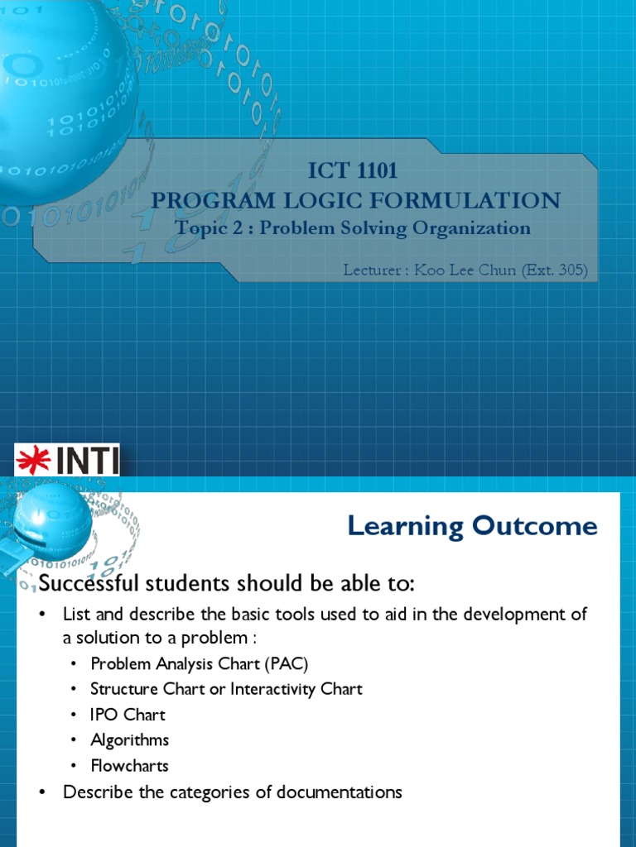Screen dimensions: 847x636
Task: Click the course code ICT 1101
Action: coord(354,171)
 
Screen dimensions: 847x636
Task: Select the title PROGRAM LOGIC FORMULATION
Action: coord(356,200)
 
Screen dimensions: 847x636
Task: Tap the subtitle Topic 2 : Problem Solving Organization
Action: coord(354,227)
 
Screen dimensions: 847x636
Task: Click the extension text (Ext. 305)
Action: coord(555,270)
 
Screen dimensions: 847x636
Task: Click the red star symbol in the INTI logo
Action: coord(34,460)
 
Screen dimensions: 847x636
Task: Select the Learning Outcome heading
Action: coord(472,526)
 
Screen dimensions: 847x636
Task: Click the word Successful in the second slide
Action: coord(82,583)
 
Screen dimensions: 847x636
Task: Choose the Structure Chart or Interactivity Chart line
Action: coord(226,689)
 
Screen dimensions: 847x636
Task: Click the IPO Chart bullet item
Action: coord(128,715)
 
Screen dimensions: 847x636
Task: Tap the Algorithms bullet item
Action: coord(130,740)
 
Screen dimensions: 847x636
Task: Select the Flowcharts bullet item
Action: coord(130,766)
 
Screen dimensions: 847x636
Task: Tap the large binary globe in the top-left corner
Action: coord(58,91)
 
